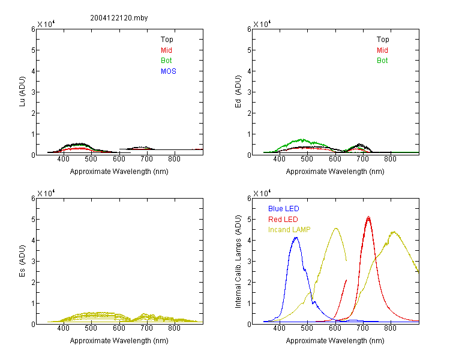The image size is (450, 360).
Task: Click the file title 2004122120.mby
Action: click(119, 18)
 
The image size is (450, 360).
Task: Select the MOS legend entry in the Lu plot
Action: click(169, 71)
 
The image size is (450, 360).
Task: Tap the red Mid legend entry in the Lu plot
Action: click(166, 50)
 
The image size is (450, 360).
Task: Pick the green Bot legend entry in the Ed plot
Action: click(382, 61)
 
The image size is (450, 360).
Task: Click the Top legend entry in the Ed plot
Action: click(383, 40)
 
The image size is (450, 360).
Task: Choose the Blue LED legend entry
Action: click(284, 209)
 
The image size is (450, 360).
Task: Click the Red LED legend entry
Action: click(283, 220)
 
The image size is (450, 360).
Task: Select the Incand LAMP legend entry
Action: click(289, 230)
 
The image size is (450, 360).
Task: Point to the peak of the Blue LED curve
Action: click(296, 238)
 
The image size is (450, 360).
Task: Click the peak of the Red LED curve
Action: click(368, 217)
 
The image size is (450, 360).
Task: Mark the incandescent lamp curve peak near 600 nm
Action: click(336, 228)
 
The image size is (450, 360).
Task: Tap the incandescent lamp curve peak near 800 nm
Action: click(394, 232)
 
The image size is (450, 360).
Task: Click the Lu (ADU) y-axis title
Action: click(22, 92)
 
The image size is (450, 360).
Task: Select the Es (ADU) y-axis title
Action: click(22, 260)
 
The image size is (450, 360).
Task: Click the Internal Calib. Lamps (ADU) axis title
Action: click(238, 262)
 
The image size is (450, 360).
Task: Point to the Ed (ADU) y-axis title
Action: click(238, 92)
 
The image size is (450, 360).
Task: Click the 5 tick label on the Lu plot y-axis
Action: click(33, 50)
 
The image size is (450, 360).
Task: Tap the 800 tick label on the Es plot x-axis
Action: click(174, 328)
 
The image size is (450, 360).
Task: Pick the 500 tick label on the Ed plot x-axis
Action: click(307, 159)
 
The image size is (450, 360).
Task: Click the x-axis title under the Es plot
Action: click(119, 341)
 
